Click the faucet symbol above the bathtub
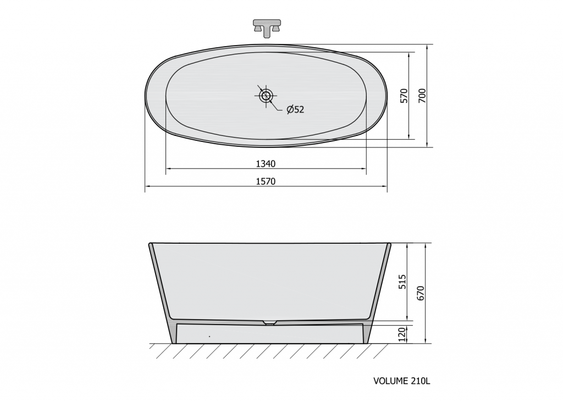tap(267, 28)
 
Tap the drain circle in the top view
tap(266, 96)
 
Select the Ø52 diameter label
tap(295, 109)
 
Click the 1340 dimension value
tap(266, 164)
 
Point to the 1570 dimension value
tap(266, 182)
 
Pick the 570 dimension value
tap(404, 96)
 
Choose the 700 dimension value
tap(422, 96)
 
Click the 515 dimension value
tap(402, 282)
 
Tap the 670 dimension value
tap(421, 293)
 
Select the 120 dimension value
tap(402, 334)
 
